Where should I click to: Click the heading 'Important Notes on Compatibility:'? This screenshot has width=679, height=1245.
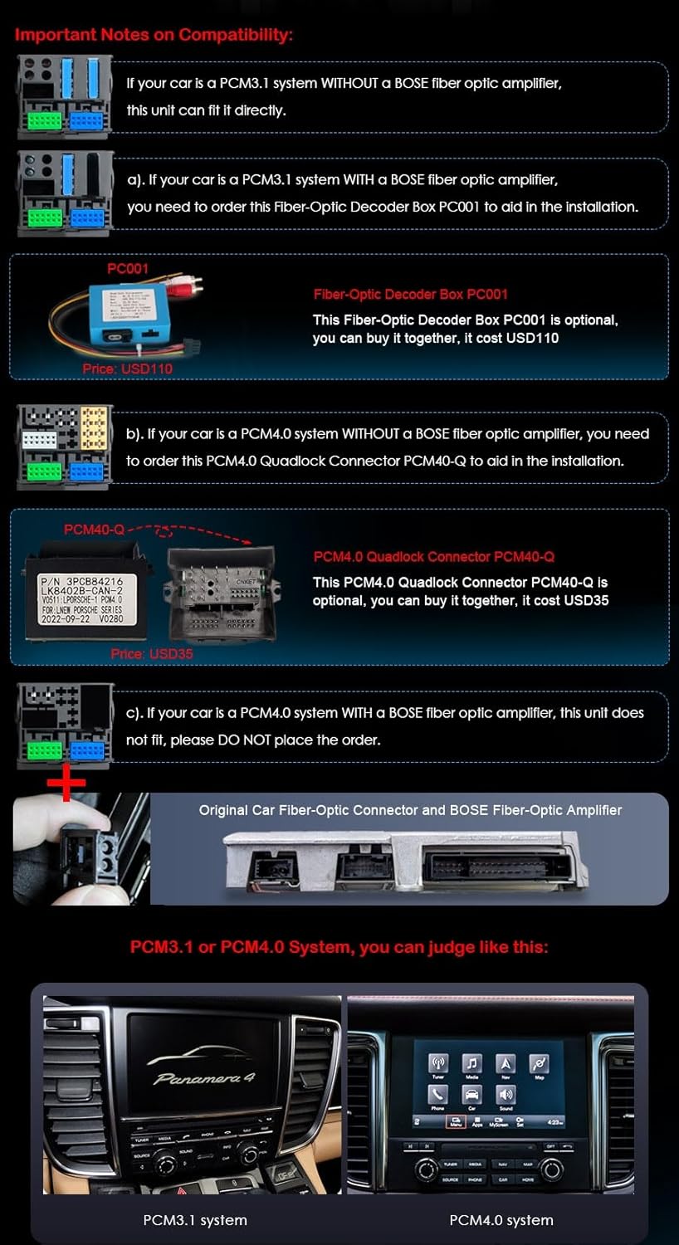click(x=154, y=35)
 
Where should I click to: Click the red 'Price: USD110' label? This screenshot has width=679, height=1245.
click(x=127, y=369)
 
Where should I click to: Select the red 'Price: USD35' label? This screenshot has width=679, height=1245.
click(x=152, y=653)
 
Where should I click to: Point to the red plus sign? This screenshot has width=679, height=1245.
click(x=66, y=783)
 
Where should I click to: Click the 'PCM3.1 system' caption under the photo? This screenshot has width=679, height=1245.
click(x=194, y=1219)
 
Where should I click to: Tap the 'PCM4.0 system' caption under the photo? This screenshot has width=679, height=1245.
click(x=501, y=1219)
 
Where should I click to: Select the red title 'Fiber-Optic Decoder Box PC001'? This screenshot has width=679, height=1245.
click(x=410, y=294)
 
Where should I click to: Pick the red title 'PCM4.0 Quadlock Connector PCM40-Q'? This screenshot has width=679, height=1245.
click(x=433, y=556)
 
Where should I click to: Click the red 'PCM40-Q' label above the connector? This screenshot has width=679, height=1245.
click(x=94, y=529)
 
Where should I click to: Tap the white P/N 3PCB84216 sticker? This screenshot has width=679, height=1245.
click(x=81, y=588)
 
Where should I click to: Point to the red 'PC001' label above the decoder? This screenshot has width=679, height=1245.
click(x=127, y=268)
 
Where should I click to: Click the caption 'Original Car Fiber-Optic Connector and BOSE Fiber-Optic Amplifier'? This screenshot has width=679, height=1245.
click(x=410, y=810)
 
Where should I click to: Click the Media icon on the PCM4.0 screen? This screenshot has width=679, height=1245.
click(x=472, y=1067)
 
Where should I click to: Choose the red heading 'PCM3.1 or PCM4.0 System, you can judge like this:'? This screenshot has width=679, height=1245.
click(x=339, y=947)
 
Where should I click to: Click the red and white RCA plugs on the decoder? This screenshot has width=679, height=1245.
click(x=186, y=290)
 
